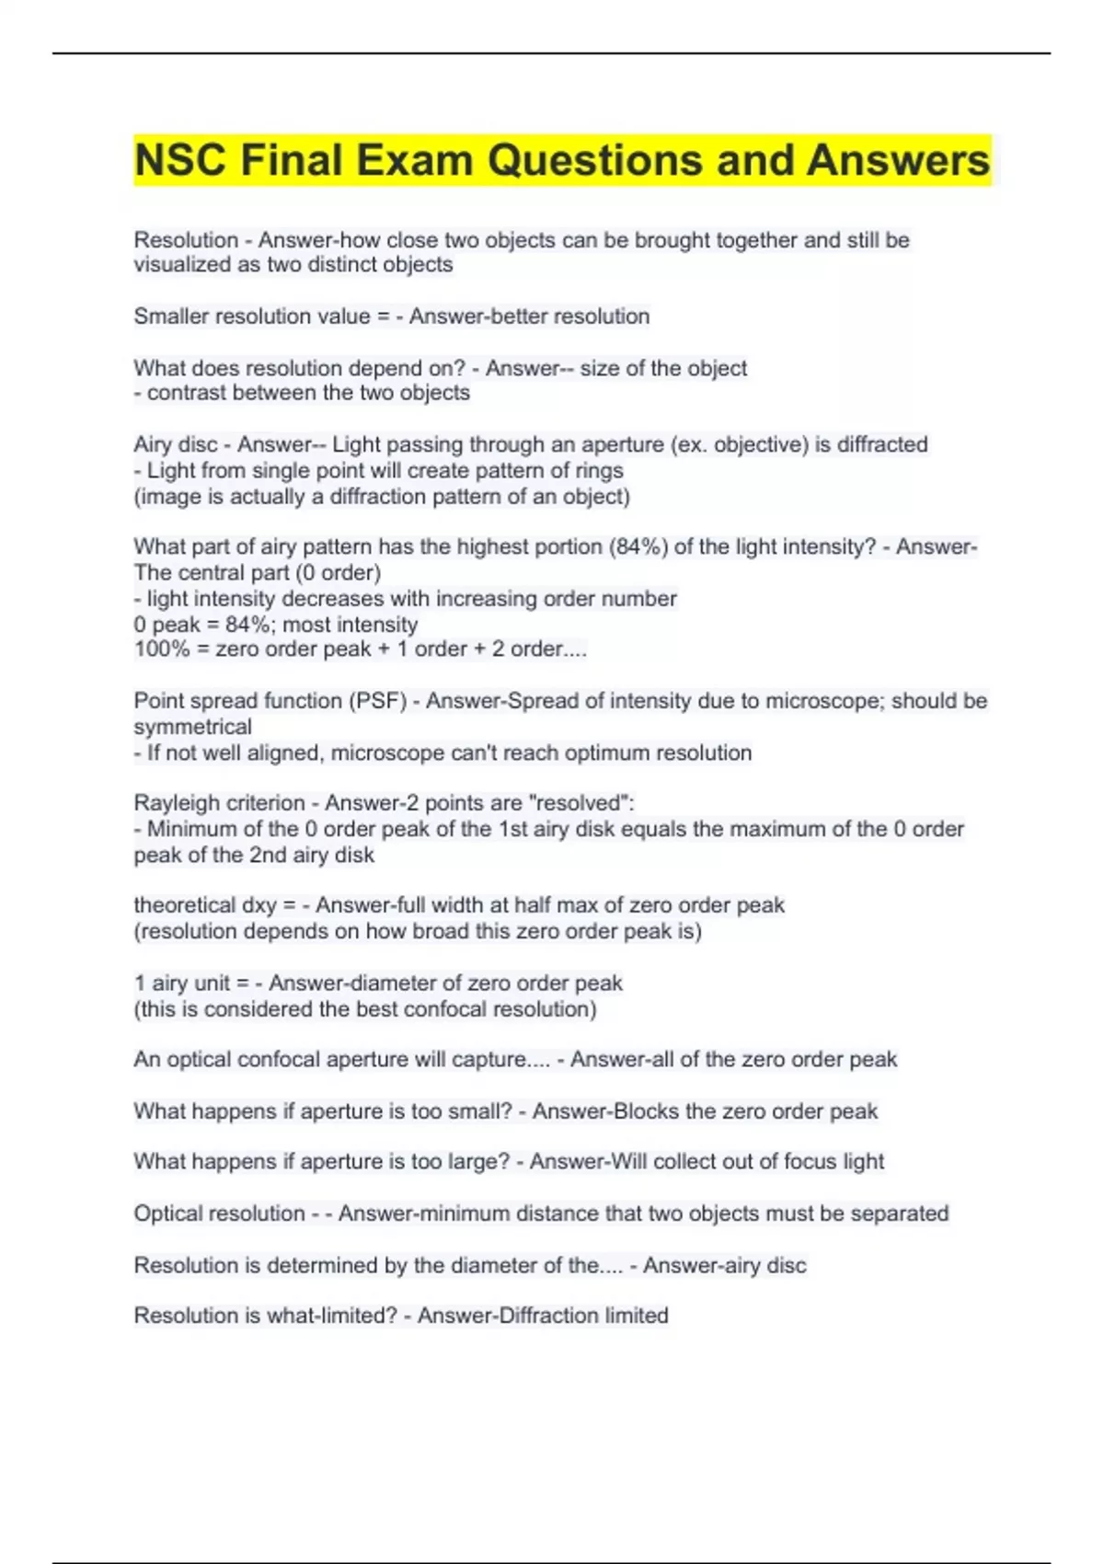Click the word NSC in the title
(180, 160)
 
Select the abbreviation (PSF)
(377, 701)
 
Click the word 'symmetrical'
(192, 727)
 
